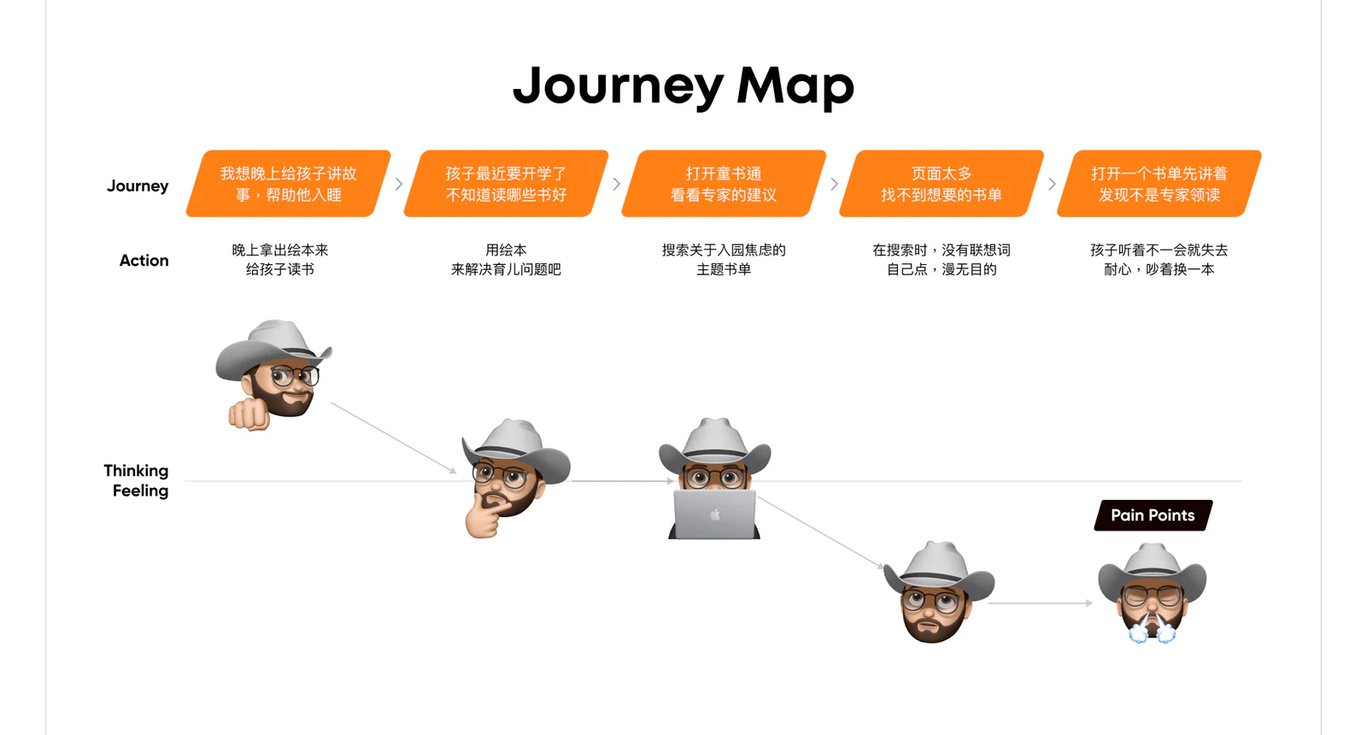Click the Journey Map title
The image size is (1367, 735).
click(683, 86)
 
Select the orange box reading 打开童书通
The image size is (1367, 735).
click(724, 184)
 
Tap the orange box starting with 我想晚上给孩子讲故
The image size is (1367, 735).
click(289, 184)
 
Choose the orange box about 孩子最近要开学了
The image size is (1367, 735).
click(506, 184)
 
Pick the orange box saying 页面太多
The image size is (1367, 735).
click(942, 184)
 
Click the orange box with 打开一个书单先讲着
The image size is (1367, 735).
click(1159, 184)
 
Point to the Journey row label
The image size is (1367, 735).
click(138, 186)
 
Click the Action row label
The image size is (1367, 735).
click(144, 261)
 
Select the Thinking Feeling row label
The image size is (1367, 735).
click(136, 480)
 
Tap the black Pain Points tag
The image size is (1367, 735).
click(1153, 515)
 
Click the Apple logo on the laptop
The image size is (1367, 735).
click(714, 515)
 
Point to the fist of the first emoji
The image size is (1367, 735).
click(249, 415)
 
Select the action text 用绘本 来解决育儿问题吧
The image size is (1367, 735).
click(506, 260)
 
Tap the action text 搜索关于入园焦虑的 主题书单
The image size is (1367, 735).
click(724, 260)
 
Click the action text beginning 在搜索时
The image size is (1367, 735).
click(942, 260)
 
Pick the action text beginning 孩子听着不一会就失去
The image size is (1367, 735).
click(1159, 260)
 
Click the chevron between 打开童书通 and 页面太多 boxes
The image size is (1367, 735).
click(834, 184)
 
